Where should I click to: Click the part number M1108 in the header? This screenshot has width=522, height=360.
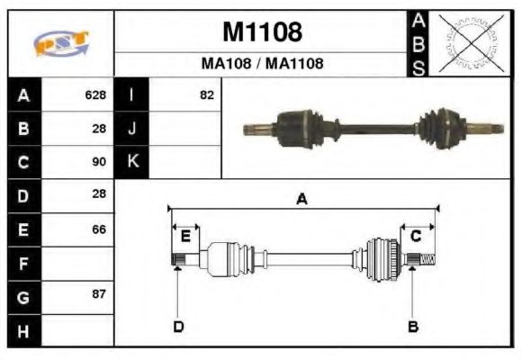262,31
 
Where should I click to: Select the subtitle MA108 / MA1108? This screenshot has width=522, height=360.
262,64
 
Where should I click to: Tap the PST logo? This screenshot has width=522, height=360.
60,44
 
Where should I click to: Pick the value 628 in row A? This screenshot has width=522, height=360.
95,94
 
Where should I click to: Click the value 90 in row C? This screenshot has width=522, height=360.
99,162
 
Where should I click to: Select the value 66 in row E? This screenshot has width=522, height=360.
99,229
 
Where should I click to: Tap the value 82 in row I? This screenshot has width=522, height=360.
206,94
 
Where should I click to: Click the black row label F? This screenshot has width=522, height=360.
23,264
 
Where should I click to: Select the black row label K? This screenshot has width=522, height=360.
132,162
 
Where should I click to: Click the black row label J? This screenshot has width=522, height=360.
132,128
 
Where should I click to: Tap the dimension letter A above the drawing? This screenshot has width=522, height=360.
302,200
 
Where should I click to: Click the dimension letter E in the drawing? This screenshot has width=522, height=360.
185,237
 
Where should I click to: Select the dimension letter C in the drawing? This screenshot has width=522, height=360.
416,237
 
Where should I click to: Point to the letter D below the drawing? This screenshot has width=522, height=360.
178,326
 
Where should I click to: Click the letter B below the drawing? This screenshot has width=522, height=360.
413,326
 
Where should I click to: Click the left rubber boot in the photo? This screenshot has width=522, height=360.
299,125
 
